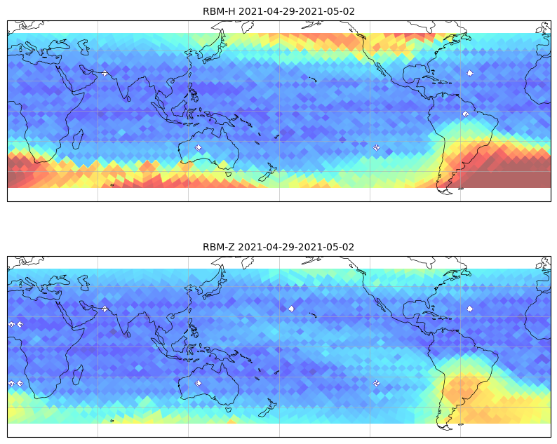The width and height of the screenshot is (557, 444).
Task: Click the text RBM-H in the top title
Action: coord(219,11)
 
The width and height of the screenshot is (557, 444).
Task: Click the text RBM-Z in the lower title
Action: coord(218,247)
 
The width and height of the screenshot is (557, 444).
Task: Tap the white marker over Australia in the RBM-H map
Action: coord(199,147)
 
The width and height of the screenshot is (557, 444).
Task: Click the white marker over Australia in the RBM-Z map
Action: coord(199,383)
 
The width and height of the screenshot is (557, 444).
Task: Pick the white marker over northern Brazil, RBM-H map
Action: coord(466,114)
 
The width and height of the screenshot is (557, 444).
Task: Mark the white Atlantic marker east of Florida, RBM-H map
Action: coord(470,73)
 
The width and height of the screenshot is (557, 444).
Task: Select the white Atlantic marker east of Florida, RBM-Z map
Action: coord(470,309)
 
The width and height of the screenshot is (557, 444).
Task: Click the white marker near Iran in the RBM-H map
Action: coord(105,74)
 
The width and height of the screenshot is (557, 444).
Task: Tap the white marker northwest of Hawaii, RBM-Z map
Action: coord(291,309)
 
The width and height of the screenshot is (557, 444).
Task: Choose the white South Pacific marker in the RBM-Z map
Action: coord(377,383)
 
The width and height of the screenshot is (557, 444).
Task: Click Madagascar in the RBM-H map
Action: coord(77,140)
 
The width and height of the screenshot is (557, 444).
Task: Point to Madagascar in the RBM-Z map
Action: coord(77,375)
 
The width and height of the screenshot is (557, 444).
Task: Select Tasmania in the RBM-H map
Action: coord(229,174)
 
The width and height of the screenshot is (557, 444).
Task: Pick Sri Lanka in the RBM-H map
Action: coord(128,98)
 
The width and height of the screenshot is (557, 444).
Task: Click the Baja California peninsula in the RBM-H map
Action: coord(380,69)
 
